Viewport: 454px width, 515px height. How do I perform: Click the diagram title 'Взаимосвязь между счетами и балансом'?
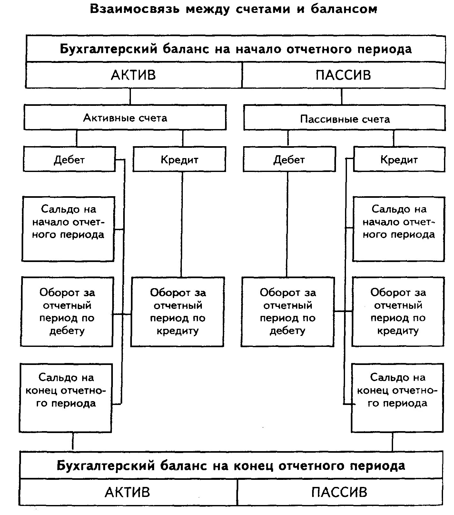(x=233, y=9)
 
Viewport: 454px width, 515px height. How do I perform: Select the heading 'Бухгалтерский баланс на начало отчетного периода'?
(x=235, y=49)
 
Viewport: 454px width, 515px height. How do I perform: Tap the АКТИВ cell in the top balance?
(x=133, y=75)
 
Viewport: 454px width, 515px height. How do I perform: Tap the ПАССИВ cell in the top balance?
(x=343, y=75)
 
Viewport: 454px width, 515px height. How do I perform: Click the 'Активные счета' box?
(x=125, y=118)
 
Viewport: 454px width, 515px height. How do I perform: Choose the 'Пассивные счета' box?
(x=345, y=119)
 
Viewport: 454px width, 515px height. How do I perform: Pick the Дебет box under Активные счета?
(x=69, y=159)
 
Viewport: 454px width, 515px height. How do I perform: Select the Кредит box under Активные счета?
(x=179, y=159)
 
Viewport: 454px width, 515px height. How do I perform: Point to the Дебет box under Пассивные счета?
(x=289, y=159)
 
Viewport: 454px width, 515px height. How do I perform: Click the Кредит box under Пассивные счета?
(x=399, y=159)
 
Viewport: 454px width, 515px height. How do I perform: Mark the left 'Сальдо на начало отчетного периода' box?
(x=68, y=228)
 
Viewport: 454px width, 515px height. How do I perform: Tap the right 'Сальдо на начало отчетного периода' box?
(x=399, y=228)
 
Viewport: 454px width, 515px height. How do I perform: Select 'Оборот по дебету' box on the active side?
(x=67, y=312)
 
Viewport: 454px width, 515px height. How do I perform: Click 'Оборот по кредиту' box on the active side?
(x=177, y=312)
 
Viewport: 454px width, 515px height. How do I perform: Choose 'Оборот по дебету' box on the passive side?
(x=288, y=312)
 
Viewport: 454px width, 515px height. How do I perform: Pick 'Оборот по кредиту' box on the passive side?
(x=398, y=312)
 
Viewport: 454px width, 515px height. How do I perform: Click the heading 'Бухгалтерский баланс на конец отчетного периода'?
(x=231, y=466)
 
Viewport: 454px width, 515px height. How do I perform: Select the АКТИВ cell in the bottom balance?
(x=128, y=492)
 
